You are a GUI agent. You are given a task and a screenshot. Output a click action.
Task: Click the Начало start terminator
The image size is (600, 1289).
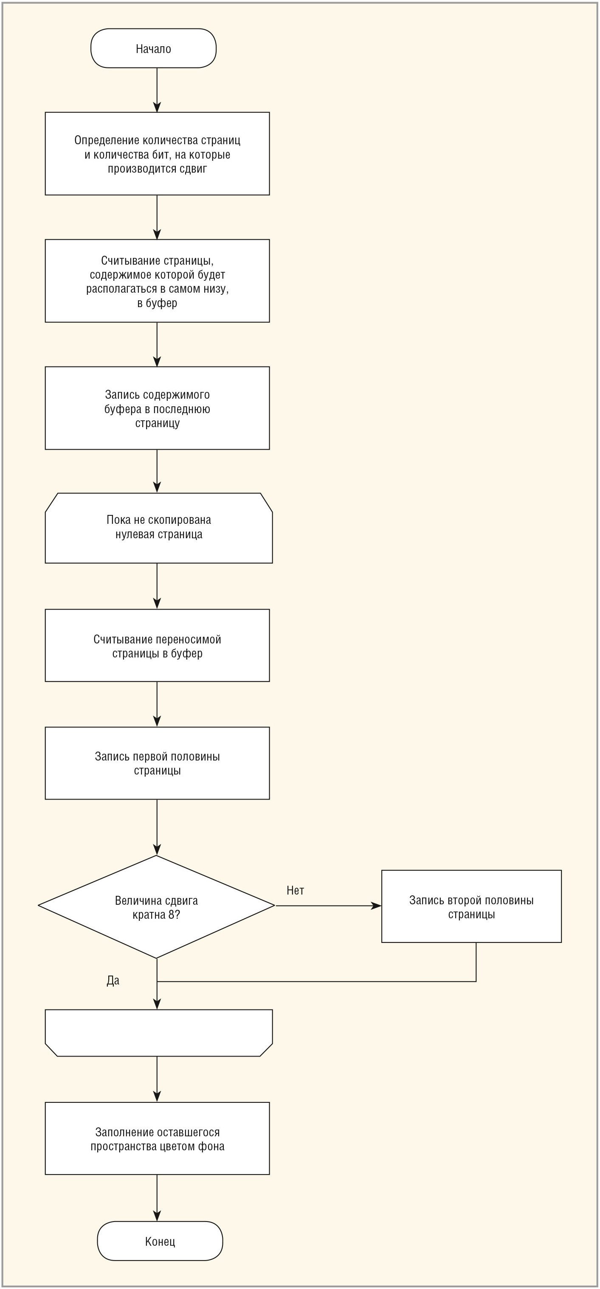pyautogui.click(x=153, y=48)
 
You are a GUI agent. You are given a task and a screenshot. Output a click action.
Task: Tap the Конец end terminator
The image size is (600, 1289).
pyautogui.click(x=160, y=1241)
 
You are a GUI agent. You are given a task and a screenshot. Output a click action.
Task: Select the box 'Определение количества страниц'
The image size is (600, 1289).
pyautogui.click(x=157, y=154)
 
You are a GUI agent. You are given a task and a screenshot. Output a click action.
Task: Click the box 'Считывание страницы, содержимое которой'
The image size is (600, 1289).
pyautogui.click(x=157, y=281)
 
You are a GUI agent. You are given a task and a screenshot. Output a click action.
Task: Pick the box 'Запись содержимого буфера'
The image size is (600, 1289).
pyautogui.click(x=157, y=408)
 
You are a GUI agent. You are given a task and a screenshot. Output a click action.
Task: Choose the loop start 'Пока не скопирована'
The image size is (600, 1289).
pyautogui.click(x=159, y=528)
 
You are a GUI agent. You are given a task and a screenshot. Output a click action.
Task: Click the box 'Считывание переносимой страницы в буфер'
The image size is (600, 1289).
pyautogui.click(x=157, y=645)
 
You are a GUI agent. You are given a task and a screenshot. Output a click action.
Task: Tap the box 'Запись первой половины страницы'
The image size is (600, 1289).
pyautogui.click(x=157, y=763)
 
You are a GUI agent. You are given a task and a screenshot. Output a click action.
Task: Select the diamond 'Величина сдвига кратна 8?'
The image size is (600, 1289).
pyautogui.click(x=157, y=907)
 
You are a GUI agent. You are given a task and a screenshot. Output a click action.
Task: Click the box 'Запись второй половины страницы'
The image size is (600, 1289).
pyautogui.click(x=471, y=906)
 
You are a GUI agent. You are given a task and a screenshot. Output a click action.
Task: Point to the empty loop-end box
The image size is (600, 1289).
pyautogui.click(x=159, y=1033)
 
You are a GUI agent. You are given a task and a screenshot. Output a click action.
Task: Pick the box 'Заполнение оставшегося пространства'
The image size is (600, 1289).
pyautogui.click(x=157, y=1138)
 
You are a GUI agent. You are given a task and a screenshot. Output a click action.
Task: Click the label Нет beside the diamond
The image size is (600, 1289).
pyautogui.click(x=296, y=890)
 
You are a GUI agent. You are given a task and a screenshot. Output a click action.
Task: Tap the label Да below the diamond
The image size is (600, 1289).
pyautogui.click(x=113, y=980)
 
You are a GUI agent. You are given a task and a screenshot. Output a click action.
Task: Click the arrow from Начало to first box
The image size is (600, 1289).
pyautogui.click(x=157, y=90)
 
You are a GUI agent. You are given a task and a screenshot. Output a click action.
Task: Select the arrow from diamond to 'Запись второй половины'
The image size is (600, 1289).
pyautogui.click(x=329, y=906)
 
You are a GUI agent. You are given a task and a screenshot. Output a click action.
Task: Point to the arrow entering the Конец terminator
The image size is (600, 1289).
pyautogui.click(x=157, y=1198)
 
